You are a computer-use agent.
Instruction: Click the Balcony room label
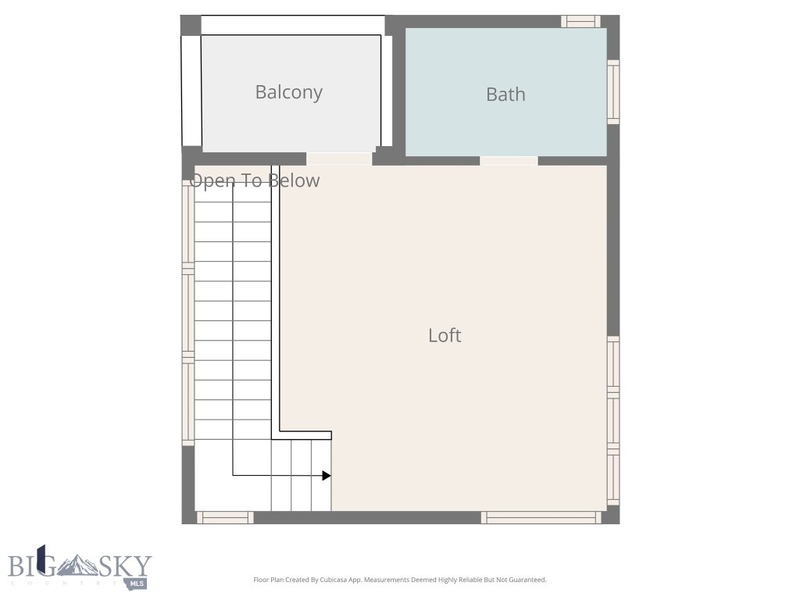tap(288, 92)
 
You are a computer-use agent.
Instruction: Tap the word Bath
tap(505, 95)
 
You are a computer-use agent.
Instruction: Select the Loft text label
tap(445, 335)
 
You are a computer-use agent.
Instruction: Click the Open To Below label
tap(255, 181)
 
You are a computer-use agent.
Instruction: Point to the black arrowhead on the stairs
tap(326, 475)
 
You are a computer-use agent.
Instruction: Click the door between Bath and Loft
tap(509, 161)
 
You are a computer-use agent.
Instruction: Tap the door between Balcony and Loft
tap(339, 159)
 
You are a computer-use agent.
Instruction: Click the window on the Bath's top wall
tap(580, 21)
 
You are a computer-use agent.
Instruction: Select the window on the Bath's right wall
tap(613, 91)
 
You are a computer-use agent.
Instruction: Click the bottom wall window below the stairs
tap(224, 517)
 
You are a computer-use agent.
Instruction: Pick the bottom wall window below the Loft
tap(541, 517)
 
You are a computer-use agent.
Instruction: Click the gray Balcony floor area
tap(288, 125)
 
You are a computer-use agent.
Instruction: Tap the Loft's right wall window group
tap(613, 420)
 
